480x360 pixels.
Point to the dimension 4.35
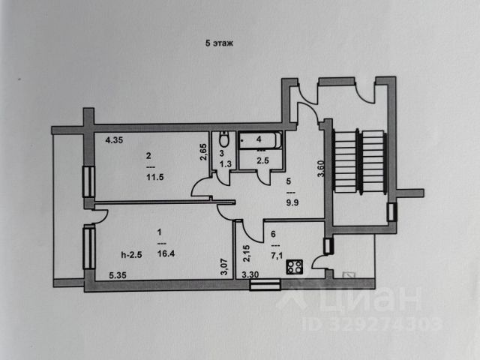pyautogui.click(x=114, y=139)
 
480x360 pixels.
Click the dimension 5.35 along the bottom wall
pyautogui.click(x=117, y=275)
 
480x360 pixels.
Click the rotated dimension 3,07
pyautogui.click(x=223, y=266)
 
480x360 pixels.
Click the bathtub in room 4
pyautogui.click(x=259, y=140)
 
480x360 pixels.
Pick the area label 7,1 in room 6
pyautogui.click(x=274, y=255)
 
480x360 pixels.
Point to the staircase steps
pyautogui.click(x=358, y=162)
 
